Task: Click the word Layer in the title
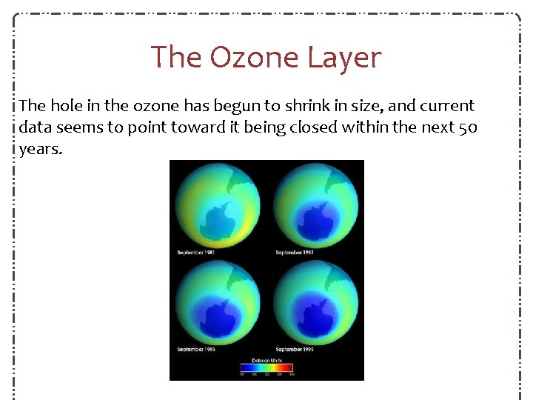point(346,57)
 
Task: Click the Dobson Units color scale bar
point(266,367)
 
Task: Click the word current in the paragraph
point(447,105)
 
